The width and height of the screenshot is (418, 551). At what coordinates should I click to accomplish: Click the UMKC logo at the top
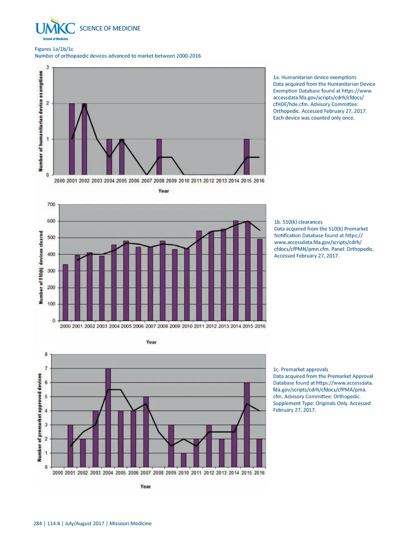(55, 28)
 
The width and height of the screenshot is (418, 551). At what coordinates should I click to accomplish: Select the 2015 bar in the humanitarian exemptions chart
(247, 157)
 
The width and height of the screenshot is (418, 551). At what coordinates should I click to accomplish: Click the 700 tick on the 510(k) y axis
(51, 204)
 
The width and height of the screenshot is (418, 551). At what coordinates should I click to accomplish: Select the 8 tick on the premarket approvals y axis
(46, 354)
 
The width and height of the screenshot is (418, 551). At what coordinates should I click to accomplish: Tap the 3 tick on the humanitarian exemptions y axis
(47, 67)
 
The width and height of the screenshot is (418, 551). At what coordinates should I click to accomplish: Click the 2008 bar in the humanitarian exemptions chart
(159, 157)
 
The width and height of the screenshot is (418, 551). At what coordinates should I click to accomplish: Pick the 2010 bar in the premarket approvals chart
(184, 460)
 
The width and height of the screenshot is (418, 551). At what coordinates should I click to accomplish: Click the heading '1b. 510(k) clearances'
(298, 222)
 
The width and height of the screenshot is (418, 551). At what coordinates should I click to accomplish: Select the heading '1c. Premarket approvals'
(300, 369)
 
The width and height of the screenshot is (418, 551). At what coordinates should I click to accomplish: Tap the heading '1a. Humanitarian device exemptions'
(315, 77)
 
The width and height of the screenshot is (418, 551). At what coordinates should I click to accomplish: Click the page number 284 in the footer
(38, 523)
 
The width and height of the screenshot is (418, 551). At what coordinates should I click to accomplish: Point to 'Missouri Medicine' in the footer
(130, 523)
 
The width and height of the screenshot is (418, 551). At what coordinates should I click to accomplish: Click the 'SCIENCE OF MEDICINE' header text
(110, 28)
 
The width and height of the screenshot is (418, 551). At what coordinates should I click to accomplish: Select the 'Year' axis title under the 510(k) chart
(151, 342)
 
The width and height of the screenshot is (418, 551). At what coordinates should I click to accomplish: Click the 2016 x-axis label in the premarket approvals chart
(259, 473)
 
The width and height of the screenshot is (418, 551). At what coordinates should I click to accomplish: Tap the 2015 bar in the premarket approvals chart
(247, 424)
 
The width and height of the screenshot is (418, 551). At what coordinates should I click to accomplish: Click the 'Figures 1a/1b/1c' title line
(54, 49)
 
